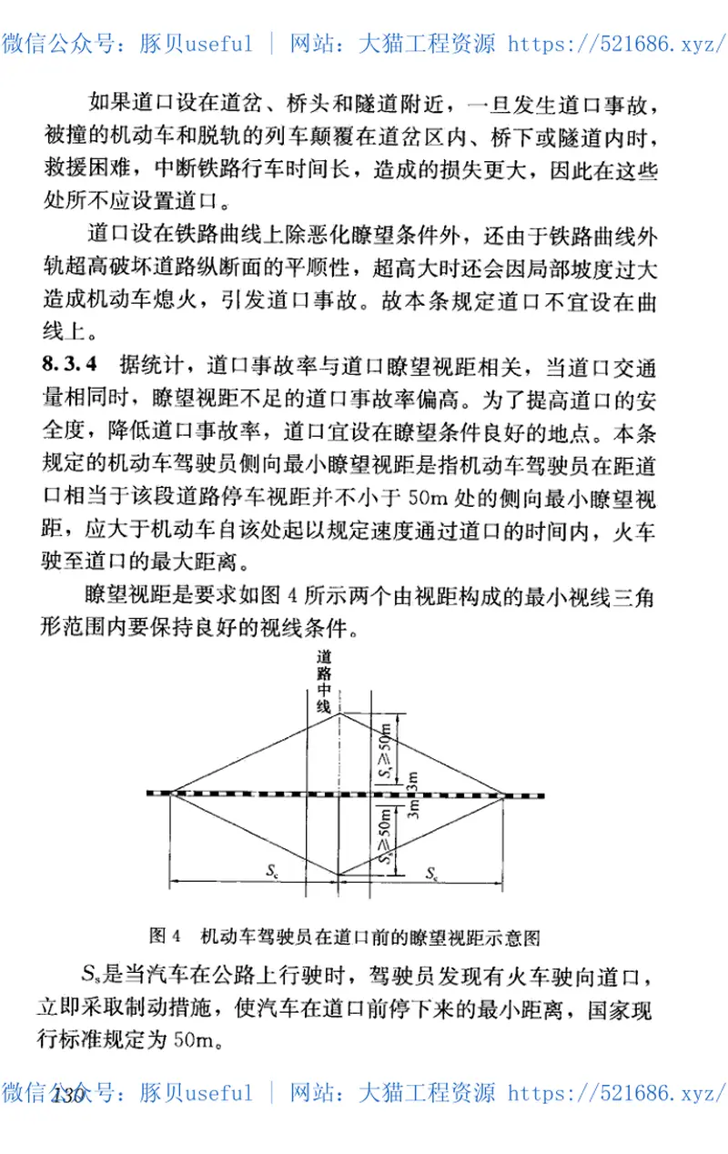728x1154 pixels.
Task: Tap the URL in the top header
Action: click(616, 43)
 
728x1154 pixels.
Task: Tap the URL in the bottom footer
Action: click(616, 1092)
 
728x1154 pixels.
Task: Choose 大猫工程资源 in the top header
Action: click(428, 43)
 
